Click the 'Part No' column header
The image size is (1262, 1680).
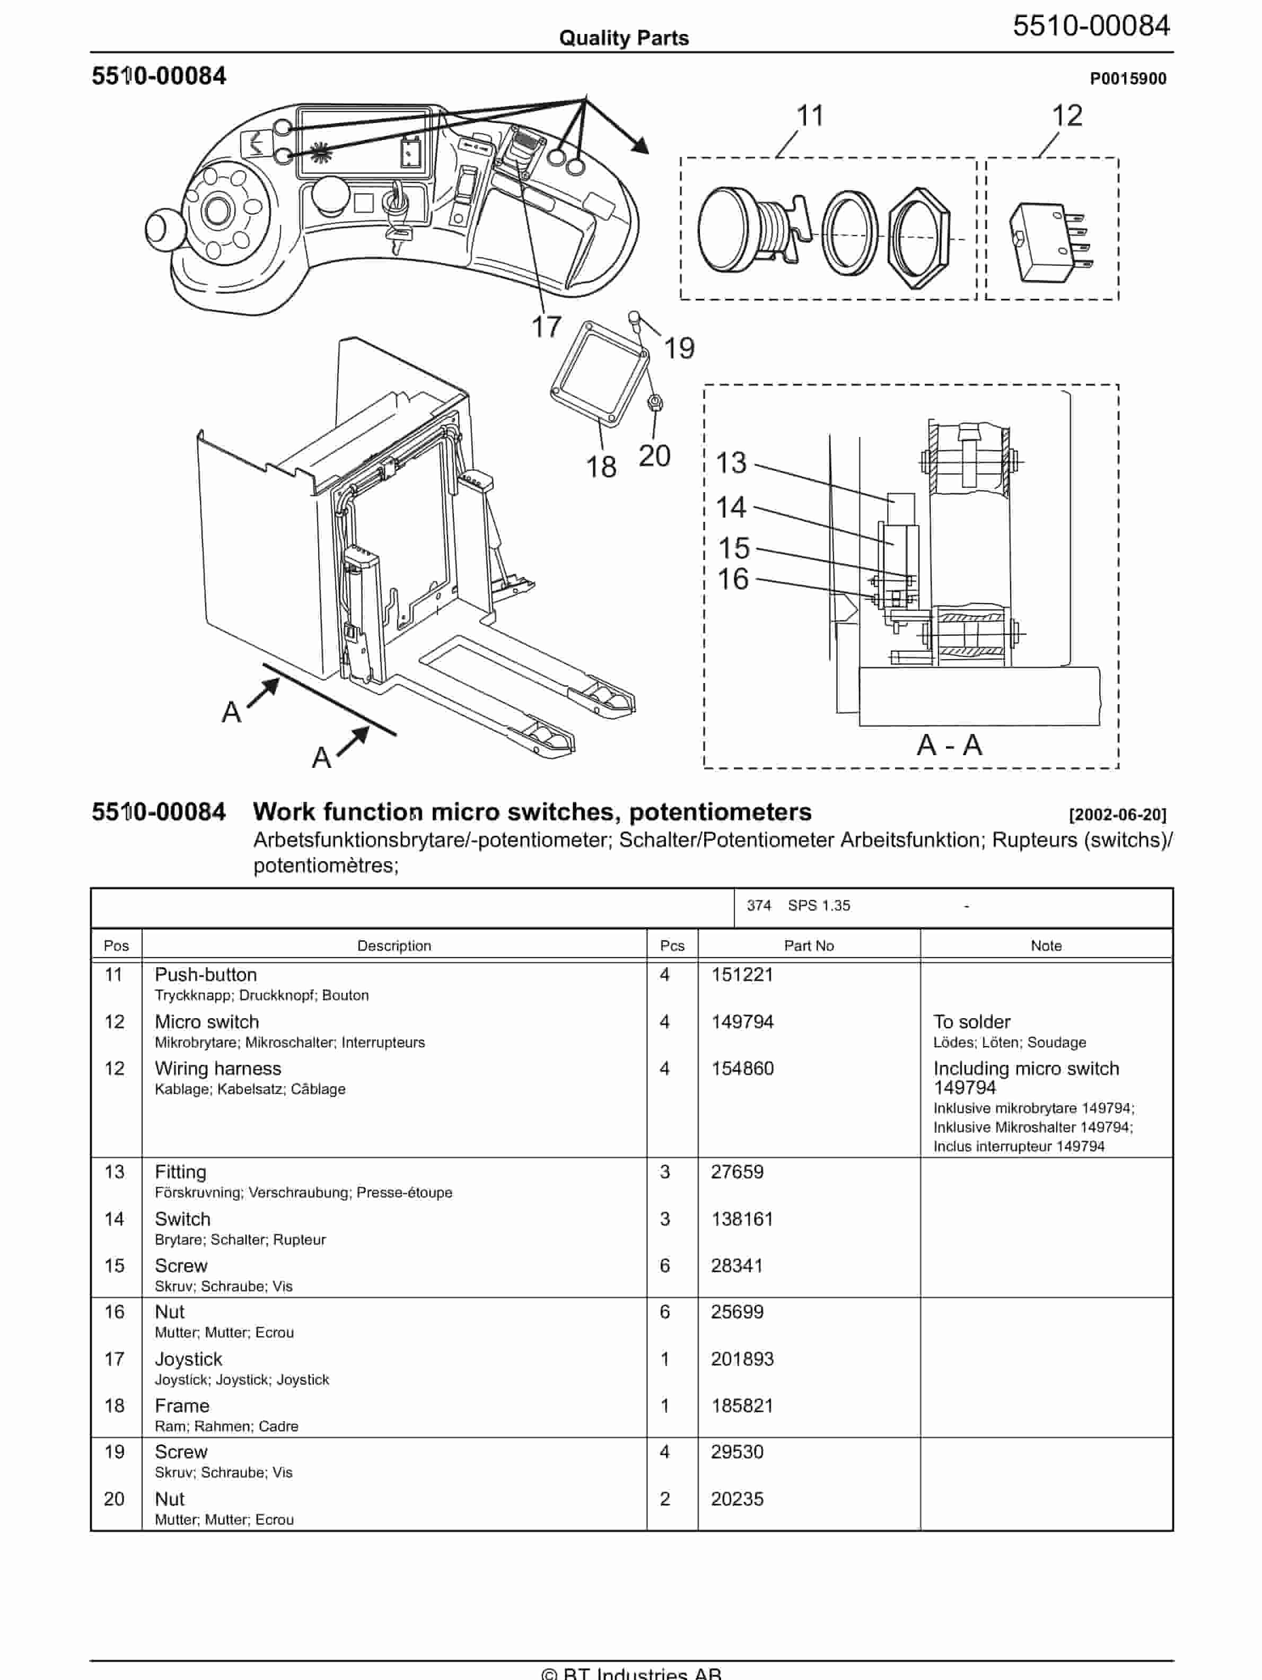808,946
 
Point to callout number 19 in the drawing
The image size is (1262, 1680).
679,348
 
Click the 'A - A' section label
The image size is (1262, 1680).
949,745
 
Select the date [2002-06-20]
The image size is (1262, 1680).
1117,815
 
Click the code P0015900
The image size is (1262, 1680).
1128,79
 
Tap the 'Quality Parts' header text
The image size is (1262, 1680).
624,38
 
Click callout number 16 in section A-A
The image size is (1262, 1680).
733,580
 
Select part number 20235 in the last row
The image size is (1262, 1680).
737,1499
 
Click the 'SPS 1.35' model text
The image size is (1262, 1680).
819,905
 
